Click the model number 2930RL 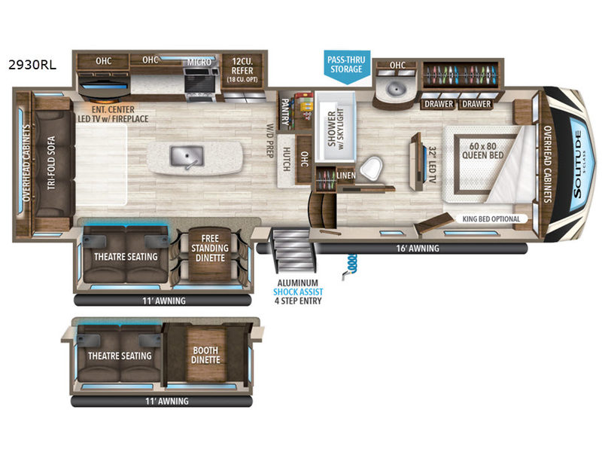pyautogui.click(x=32, y=65)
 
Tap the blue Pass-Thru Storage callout pyautogui.click(x=347, y=66)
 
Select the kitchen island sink pyautogui.click(x=187, y=157)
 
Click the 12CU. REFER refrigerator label pyautogui.click(x=242, y=69)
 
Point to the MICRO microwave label pyautogui.click(x=199, y=63)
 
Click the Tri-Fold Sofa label pyautogui.click(x=51, y=163)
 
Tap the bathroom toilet pyautogui.click(x=371, y=168)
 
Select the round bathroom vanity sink pyautogui.click(x=396, y=90)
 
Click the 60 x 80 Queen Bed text pyautogui.click(x=482, y=151)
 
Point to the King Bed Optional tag pyautogui.click(x=491, y=219)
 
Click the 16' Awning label pyautogui.click(x=418, y=249)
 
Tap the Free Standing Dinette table pyautogui.click(x=210, y=254)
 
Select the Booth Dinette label pyautogui.click(x=205, y=355)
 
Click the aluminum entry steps pyautogui.click(x=293, y=249)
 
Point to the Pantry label pyautogui.click(x=285, y=112)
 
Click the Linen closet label pyautogui.click(x=346, y=176)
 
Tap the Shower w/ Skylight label pyautogui.click(x=336, y=128)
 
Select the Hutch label pyautogui.click(x=287, y=159)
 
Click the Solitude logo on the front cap pyautogui.click(x=577, y=164)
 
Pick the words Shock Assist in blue pyautogui.click(x=298, y=292)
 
